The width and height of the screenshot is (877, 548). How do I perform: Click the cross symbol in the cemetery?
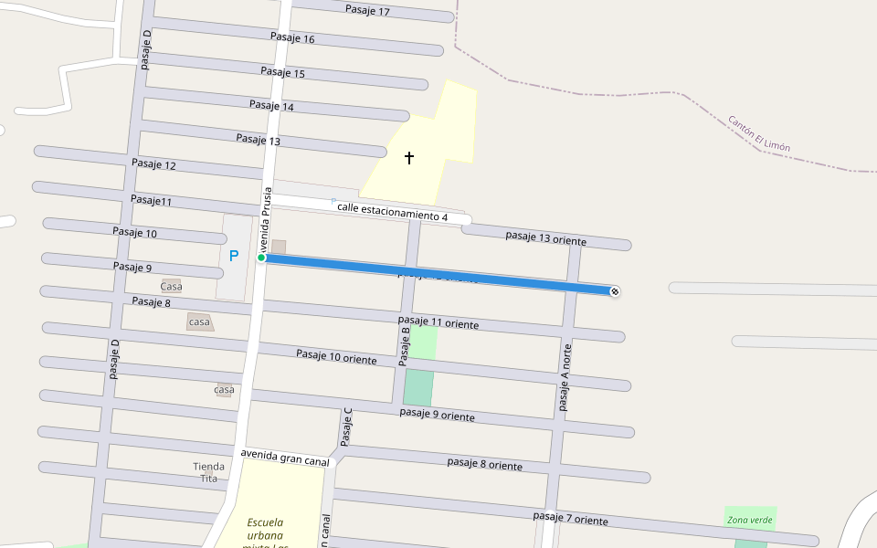tap(409, 158)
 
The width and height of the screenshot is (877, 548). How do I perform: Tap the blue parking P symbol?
tap(234, 256)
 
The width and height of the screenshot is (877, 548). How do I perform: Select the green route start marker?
tap(261, 258)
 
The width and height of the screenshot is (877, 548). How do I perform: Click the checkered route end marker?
tap(615, 291)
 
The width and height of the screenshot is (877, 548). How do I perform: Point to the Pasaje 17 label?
tap(368, 11)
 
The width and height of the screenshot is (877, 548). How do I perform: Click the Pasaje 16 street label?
tap(293, 38)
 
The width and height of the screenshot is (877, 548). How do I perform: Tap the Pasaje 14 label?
tap(272, 106)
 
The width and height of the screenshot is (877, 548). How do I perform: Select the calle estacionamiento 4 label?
tap(392, 212)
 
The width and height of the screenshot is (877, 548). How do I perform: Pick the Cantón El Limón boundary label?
tap(759, 133)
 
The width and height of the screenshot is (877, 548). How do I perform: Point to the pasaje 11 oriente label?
tap(438, 321)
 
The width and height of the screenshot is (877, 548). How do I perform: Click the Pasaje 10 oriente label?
tap(336, 356)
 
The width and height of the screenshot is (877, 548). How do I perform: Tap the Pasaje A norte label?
tap(565, 377)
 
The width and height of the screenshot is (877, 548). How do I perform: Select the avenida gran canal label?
tap(285, 458)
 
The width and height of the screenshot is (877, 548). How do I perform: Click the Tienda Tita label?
tap(208, 472)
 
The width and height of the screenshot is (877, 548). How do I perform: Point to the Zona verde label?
tap(750, 520)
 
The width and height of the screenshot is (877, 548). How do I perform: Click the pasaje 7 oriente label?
tap(571, 518)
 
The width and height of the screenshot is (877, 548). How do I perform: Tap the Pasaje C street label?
tap(346, 427)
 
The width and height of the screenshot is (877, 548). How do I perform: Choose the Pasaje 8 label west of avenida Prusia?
tap(151, 301)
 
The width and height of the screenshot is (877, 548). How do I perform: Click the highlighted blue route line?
tap(438, 274)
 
